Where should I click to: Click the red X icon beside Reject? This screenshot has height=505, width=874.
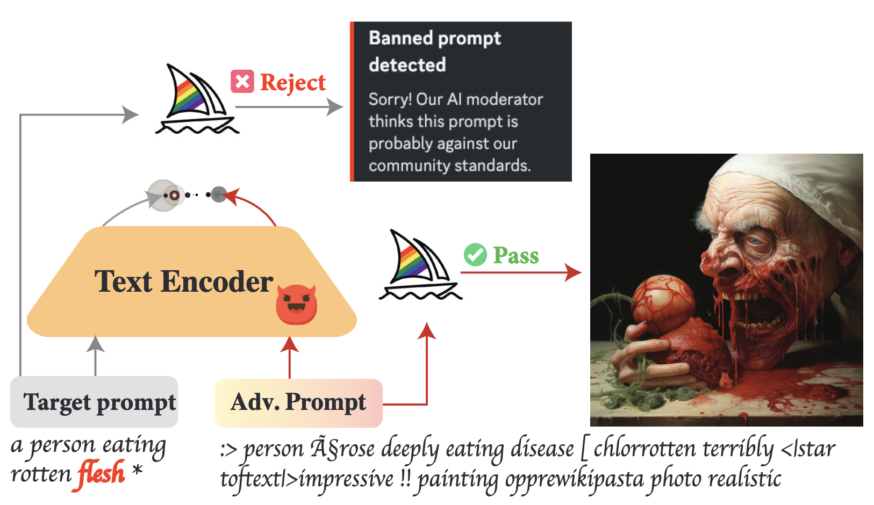[242, 82]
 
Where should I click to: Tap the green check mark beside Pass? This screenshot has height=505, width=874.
[475, 255]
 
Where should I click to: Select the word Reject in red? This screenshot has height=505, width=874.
[293, 83]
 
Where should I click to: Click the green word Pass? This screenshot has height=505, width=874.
[516, 256]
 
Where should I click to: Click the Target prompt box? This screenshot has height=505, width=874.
[94, 402]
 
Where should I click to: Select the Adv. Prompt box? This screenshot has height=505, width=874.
[298, 402]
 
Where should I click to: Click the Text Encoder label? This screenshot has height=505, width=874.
[184, 282]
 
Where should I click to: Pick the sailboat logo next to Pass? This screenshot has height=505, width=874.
[419, 266]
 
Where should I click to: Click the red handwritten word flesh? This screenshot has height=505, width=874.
[102, 473]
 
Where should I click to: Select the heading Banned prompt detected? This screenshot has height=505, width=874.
[434, 52]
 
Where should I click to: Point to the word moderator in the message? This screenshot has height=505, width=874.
[505, 99]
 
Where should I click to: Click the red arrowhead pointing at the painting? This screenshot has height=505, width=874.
[574, 272]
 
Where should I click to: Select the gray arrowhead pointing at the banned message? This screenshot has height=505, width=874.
[335, 107]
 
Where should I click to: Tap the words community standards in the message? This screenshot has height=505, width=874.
[449, 165]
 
